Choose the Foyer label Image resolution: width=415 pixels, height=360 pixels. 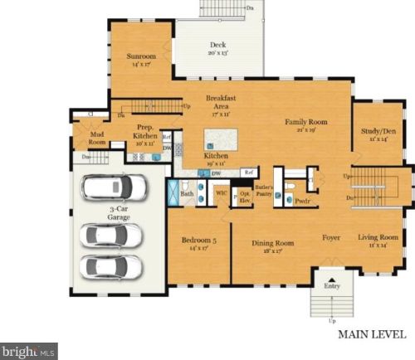332,238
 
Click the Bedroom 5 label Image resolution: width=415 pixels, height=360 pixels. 198,243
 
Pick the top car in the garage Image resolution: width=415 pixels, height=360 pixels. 112,187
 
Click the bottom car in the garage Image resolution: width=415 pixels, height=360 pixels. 111,268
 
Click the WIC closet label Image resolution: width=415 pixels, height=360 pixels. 222,192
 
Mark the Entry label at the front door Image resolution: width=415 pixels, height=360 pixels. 332,286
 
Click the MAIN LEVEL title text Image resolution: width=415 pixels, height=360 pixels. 372,336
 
